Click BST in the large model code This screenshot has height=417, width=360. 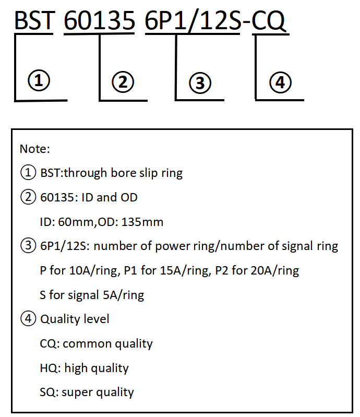(34, 20)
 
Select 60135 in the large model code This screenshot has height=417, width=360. (100, 20)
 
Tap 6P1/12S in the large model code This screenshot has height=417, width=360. (193, 20)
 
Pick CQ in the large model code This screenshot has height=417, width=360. (269, 21)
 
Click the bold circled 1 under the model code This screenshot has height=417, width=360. (39, 80)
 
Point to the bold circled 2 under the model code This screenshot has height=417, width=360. (123, 82)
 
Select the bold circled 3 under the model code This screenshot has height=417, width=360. (200, 83)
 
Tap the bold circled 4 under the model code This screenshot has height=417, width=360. (280, 82)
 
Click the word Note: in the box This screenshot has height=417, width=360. (35, 149)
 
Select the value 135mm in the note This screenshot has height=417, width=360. (142, 222)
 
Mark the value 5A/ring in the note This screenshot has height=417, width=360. (123, 295)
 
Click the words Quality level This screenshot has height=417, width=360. (75, 319)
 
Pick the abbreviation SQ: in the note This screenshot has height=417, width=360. (49, 392)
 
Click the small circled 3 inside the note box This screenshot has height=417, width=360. (28, 245)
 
